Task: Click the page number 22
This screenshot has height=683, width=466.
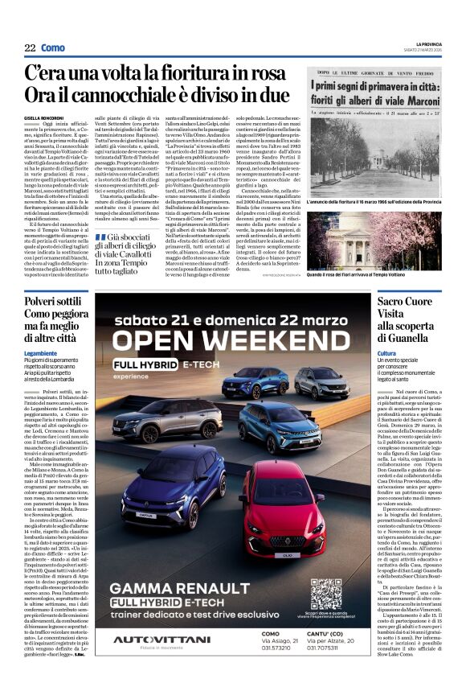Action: tap(30, 48)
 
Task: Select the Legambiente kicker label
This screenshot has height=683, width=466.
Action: tap(41, 352)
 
